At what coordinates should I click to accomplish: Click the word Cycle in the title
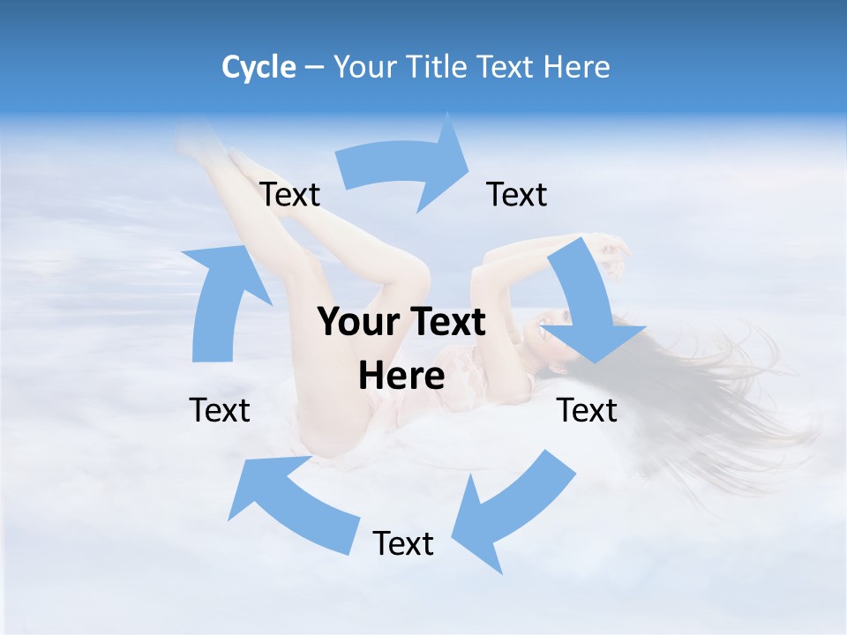(259, 67)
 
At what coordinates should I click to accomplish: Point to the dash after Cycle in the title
(314, 68)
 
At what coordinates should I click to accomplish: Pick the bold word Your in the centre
(358, 323)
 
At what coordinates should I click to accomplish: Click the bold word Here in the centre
(401, 377)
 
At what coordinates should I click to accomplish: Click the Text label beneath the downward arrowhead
(587, 410)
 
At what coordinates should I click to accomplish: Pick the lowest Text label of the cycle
(403, 543)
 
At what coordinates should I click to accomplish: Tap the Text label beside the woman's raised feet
(290, 194)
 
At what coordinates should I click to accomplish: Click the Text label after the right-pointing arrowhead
(517, 194)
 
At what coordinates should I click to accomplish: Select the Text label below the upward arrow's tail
(220, 410)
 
